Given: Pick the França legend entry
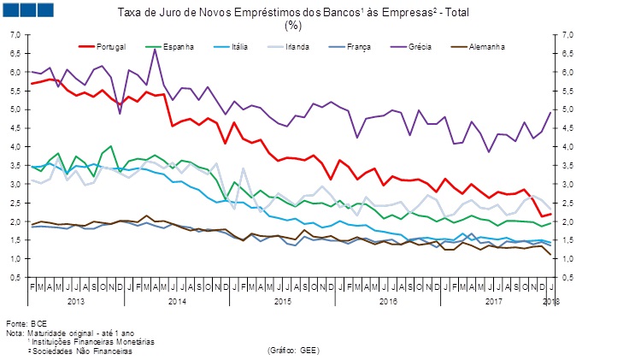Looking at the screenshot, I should point(359,45).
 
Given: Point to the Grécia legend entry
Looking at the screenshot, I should point(419,45).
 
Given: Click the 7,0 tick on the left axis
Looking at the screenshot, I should point(14,35).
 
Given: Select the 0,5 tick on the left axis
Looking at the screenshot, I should point(14,277).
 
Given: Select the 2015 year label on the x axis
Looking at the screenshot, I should point(283,301).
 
